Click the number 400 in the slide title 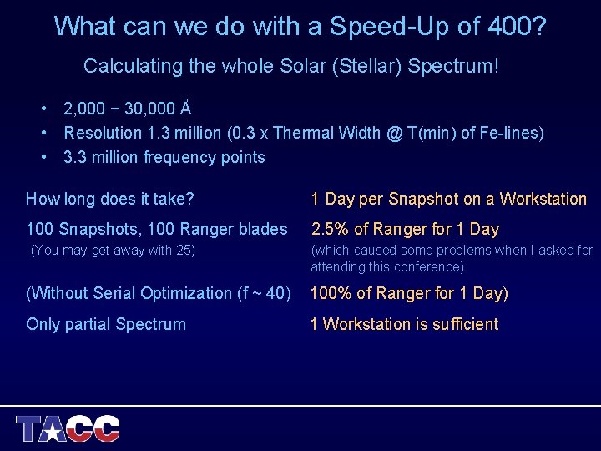[x=508, y=26]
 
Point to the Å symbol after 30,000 [x=186, y=108]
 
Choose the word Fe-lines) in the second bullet [x=514, y=133]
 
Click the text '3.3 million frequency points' [x=164, y=157]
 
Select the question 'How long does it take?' [x=110, y=199]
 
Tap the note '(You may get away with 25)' [x=113, y=250]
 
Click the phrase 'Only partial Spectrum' [x=106, y=324]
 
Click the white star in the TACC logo [x=53, y=432]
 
